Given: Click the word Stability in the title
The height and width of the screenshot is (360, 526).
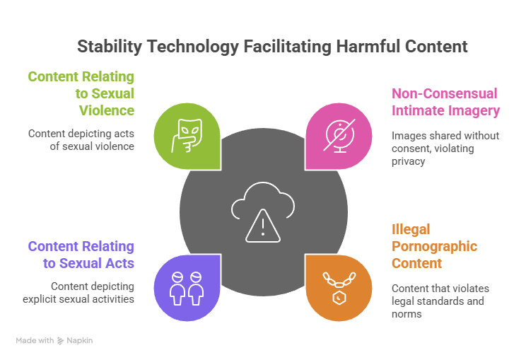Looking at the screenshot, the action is (x=110, y=46).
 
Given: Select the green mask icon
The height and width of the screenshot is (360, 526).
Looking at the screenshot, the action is (x=187, y=136).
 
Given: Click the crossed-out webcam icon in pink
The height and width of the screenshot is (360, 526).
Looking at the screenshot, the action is (x=340, y=135).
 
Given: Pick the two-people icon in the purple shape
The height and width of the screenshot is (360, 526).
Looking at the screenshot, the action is (x=187, y=288).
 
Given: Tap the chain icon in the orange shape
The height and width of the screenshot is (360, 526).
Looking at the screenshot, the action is (x=339, y=288).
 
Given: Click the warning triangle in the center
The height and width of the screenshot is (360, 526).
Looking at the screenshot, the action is (x=263, y=226).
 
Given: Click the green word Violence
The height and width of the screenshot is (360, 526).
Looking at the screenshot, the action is (x=107, y=110).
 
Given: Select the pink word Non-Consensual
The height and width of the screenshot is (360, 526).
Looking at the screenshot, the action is (x=445, y=93).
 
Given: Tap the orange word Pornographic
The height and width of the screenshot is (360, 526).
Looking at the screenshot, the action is (x=434, y=247).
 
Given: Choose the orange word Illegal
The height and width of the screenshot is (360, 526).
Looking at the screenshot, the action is (x=411, y=230).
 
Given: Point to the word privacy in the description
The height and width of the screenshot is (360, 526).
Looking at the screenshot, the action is (x=408, y=161).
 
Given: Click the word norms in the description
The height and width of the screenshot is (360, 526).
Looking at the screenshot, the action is (x=407, y=314).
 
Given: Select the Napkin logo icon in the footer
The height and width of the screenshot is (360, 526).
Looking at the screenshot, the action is (x=60, y=341).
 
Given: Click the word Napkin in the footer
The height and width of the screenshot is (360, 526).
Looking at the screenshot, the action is (x=79, y=340).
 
